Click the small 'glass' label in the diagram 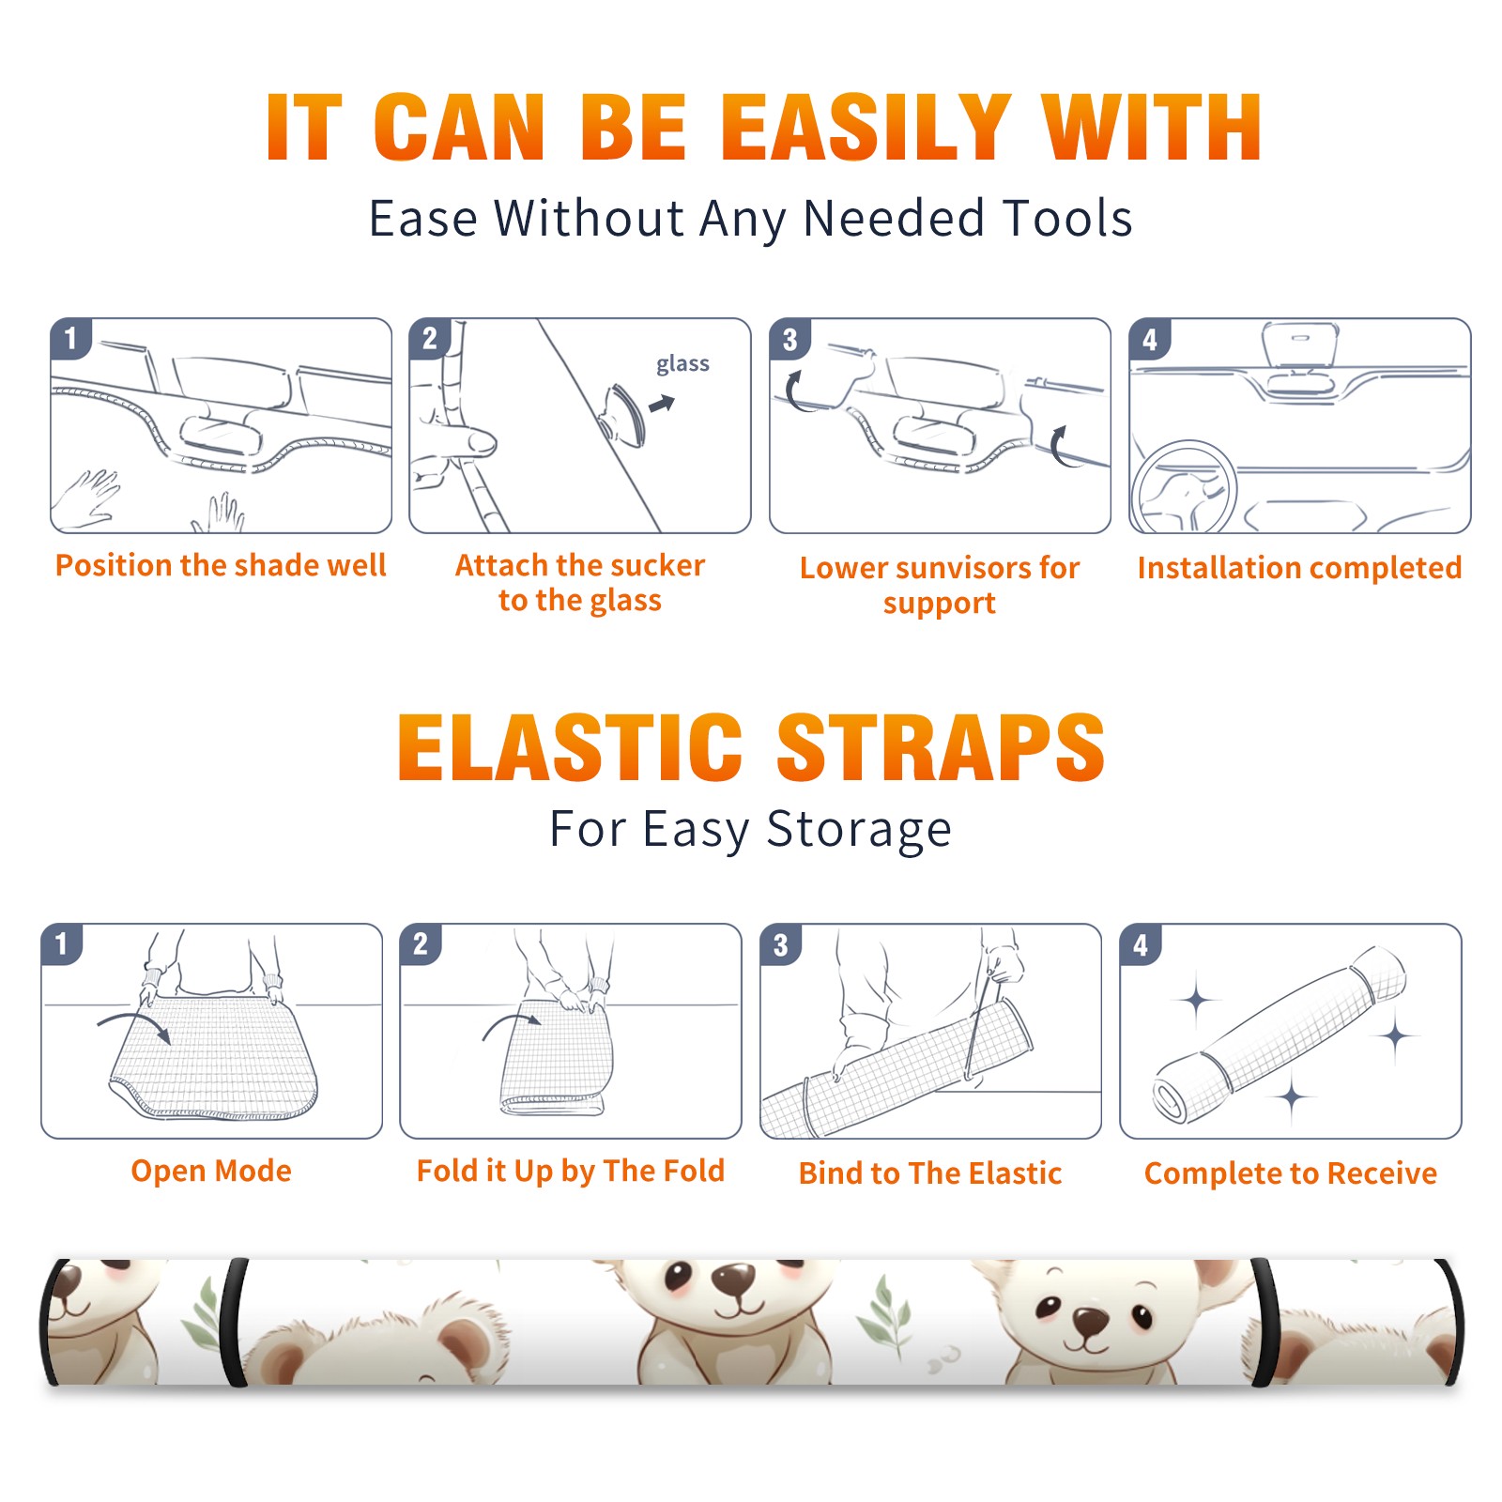point(682,364)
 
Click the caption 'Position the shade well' point(221,565)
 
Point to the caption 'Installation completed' point(1299,568)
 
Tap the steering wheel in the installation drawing point(1184,488)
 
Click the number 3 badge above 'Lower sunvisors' point(789,339)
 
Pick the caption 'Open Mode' point(211,1171)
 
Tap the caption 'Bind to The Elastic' point(930,1173)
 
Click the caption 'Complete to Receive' point(1291,1173)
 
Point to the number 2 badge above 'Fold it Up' point(421,943)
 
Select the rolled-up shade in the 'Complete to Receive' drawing point(1280,1035)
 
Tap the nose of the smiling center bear point(734,1278)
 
